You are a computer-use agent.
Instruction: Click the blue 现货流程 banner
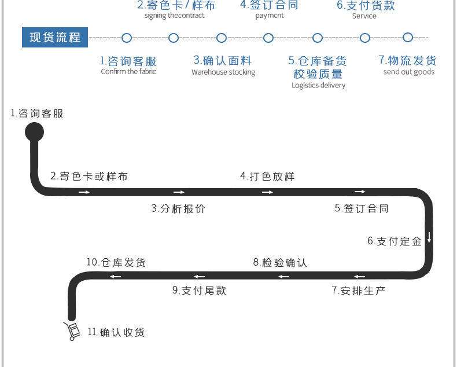click(55, 38)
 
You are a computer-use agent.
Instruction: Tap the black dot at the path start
click(34, 132)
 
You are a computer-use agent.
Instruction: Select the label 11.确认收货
click(116, 332)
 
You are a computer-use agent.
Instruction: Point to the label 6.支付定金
click(395, 241)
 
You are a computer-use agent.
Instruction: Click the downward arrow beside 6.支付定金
click(429, 237)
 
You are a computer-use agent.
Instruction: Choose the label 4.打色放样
click(267, 176)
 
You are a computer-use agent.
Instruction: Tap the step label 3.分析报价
click(178, 208)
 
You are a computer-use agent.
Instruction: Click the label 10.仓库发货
click(116, 262)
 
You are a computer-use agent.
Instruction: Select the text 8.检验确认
click(280, 262)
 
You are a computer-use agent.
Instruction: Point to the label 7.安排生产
click(358, 290)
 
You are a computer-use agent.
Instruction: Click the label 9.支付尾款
click(199, 290)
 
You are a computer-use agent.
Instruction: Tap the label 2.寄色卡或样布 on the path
click(89, 176)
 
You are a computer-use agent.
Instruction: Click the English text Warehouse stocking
click(223, 72)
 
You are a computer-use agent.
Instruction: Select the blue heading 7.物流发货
click(408, 60)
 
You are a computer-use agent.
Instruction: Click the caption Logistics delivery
click(318, 85)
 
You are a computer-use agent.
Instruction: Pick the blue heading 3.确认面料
click(223, 60)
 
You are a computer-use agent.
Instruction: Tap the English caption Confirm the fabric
click(128, 72)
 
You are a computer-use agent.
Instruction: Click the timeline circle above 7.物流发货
click(408, 38)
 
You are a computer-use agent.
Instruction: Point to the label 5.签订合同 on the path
click(362, 208)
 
